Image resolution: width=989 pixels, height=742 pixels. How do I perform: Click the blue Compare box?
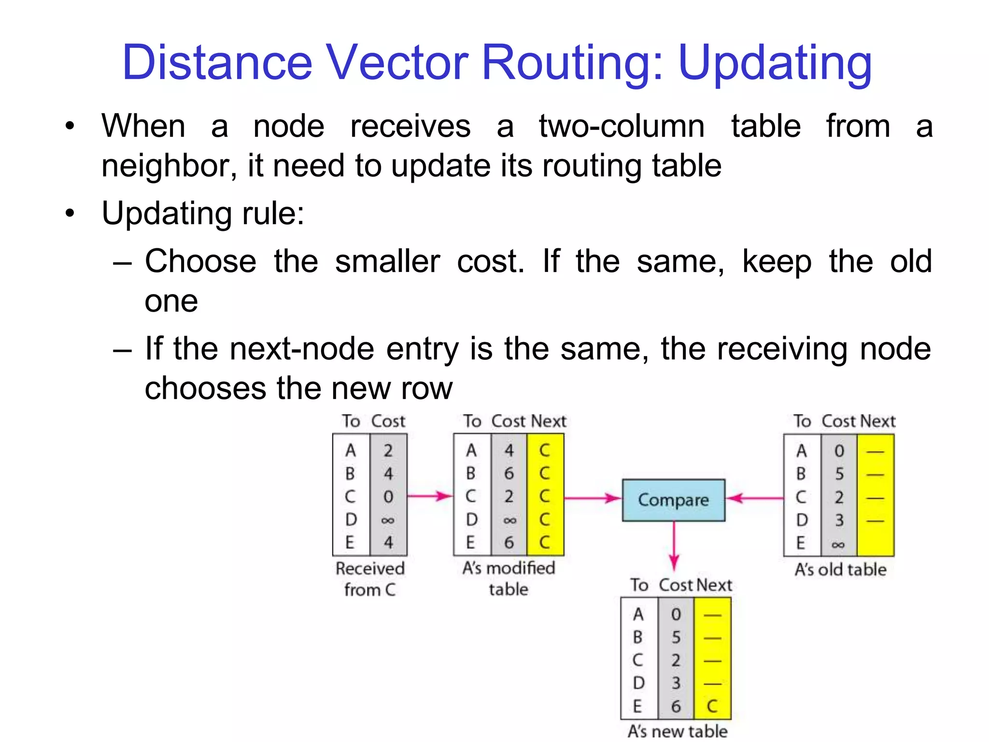673,500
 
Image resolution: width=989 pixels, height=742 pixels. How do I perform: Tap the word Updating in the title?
775,63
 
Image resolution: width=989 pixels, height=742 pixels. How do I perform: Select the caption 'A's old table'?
840,570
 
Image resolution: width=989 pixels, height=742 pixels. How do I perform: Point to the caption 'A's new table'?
677,730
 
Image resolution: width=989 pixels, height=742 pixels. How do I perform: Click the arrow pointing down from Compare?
674,546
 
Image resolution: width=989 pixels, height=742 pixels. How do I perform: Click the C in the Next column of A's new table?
712,706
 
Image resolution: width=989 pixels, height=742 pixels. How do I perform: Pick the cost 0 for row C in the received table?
388,497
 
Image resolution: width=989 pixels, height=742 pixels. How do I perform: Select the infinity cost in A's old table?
838,545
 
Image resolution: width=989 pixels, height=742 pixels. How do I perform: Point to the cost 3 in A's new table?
676,683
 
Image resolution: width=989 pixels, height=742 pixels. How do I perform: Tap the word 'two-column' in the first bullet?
622,127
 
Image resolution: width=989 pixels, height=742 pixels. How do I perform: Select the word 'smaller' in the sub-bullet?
387,261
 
